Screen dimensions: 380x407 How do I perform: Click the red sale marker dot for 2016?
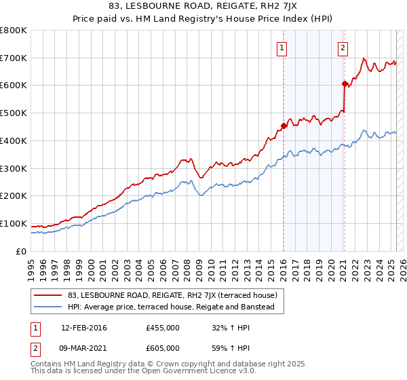click(284, 125)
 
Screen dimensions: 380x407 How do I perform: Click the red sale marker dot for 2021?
click(345, 83)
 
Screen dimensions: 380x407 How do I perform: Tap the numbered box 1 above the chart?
click(282, 47)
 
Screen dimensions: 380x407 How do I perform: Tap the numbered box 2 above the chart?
click(343, 47)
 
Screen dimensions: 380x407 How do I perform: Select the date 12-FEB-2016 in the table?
click(83, 328)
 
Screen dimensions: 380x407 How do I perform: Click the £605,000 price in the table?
click(163, 347)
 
